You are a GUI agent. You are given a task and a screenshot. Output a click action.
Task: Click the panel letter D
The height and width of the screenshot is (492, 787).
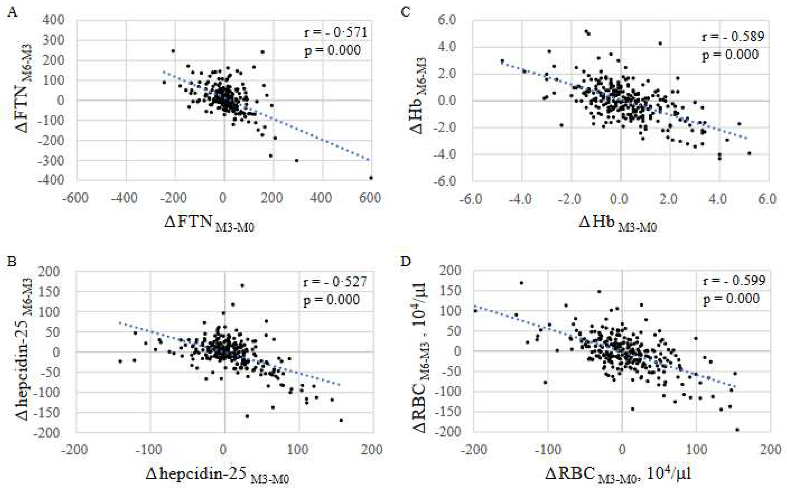click(x=405, y=261)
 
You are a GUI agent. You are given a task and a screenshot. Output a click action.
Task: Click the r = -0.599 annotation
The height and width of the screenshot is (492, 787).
click(x=734, y=280)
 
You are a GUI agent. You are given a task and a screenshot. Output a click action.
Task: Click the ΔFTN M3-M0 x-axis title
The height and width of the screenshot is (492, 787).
click(x=209, y=224)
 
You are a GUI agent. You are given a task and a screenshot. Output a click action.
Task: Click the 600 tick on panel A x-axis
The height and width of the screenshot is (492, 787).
click(x=370, y=198)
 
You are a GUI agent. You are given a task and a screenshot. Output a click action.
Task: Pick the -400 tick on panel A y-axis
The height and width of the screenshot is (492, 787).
click(x=51, y=180)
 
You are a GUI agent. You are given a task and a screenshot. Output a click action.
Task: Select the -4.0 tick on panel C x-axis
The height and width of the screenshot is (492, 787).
click(x=520, y=199)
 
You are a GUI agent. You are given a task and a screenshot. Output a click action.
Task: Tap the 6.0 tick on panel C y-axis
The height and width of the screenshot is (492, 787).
click(x=447, y=20)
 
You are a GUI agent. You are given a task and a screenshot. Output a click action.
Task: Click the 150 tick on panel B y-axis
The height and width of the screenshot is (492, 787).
click(x=49, y=292)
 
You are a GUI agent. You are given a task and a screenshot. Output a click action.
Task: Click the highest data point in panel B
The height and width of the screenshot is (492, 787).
click(x=242, y=286)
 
